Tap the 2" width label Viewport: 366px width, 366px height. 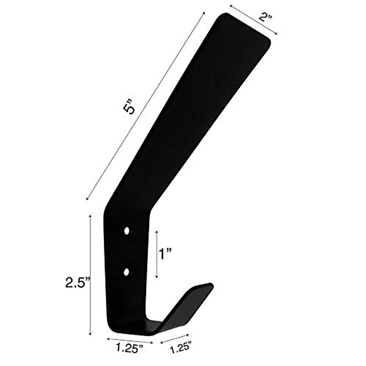point(265,16)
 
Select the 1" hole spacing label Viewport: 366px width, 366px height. point(166,254)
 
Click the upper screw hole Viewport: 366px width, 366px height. point(127,231)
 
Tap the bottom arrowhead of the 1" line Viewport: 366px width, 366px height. point(157,277)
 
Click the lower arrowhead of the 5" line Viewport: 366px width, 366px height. point(88,199)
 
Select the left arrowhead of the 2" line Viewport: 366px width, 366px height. point(231,5)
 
